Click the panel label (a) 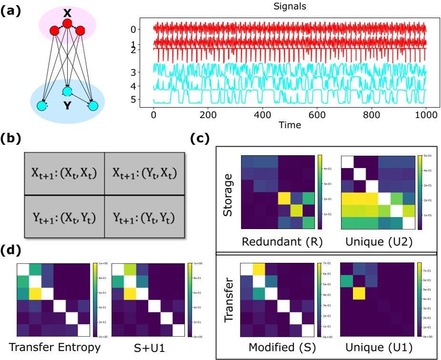coord(10,10)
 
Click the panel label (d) coord(10,250)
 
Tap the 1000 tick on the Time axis coord(425,115)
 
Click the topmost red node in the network coord(68,23)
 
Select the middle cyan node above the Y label coord(67,91)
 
